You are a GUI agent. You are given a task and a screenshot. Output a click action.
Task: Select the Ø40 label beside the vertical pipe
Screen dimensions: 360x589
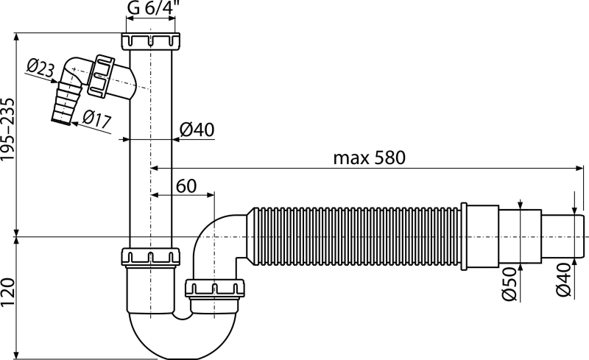tap(197, 130)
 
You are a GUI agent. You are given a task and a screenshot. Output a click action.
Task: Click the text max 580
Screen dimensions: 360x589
tap(370, 158)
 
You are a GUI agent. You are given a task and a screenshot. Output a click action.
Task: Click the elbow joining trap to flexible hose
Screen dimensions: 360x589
tap(221, 228)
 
